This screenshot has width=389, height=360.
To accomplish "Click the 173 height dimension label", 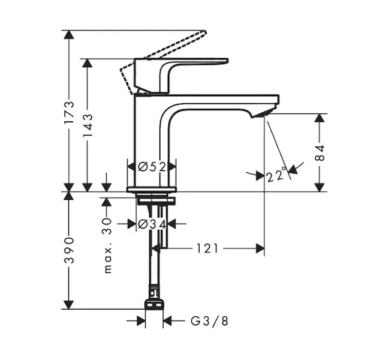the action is [x=69, y=112].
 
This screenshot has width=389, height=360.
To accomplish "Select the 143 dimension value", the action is [x=88, y=125].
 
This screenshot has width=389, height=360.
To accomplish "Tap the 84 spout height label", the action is [x=320, y=152].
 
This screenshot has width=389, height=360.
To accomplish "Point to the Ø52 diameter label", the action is [x=152, y=167].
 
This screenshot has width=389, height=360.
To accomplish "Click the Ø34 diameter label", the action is [x=152, y=224].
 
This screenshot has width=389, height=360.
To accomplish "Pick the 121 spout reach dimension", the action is [x=207, y=248].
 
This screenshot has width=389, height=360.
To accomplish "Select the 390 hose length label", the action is [x=69, y=250].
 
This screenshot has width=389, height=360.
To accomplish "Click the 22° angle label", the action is [x=276, y=175].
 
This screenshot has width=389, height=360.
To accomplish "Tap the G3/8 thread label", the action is [x=209, y=321].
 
